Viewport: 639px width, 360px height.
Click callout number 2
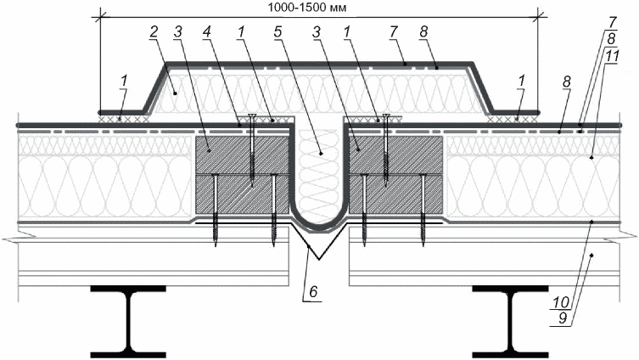tap(154, 32)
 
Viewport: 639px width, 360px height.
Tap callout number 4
tap(207, 32)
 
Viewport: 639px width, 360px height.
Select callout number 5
tap(278, 32)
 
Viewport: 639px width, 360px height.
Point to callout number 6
tap(313, 291)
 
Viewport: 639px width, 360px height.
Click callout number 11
tap(610, 56)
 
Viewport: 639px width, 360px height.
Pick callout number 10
tap(561, 302)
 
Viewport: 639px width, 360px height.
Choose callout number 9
tap(563, 318)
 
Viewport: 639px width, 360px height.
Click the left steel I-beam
tap(128, 321)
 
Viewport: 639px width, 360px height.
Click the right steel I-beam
tap(510, 321)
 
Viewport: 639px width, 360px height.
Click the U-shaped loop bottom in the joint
tap(319, 227)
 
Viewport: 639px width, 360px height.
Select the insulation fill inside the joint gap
tap(319, 175)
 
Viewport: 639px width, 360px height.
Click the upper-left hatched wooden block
tap(243, 155)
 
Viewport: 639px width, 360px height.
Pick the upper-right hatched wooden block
tap(395, 155)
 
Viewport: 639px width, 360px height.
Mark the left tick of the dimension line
tap(100, 17)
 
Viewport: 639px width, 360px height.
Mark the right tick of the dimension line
tap(538, 17)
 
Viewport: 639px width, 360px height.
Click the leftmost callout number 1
tap(124, 81)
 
